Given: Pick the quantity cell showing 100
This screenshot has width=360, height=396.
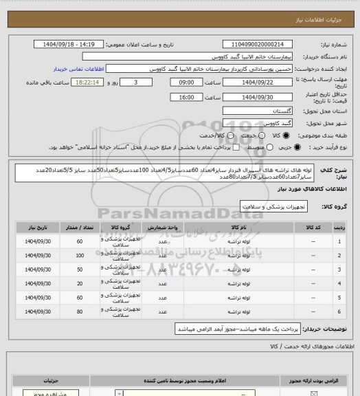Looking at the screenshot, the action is point(80,255).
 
